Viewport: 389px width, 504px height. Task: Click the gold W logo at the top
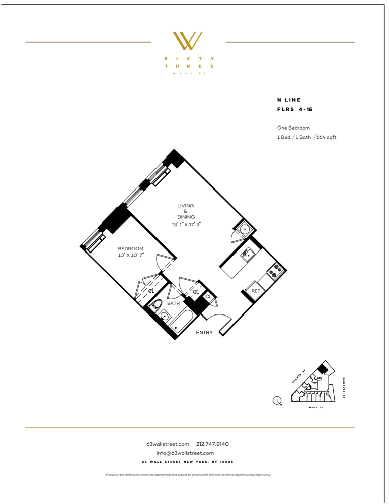188,41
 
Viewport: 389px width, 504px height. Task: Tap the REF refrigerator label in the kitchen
256,291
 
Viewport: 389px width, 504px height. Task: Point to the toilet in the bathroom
157,304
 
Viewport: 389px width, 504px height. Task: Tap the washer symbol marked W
245,229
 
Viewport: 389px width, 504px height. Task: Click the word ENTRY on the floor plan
204,332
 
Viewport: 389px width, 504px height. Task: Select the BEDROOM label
131,248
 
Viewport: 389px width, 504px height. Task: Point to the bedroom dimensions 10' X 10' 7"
131,255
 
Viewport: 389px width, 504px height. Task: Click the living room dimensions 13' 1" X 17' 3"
186,224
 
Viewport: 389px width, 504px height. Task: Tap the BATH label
174,303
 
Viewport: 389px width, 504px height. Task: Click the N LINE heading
289,100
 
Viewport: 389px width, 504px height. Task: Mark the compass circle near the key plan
276,401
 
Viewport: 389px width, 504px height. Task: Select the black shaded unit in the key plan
322,369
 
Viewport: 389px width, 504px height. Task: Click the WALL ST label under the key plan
316,407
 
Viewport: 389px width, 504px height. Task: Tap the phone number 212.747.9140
212,444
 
